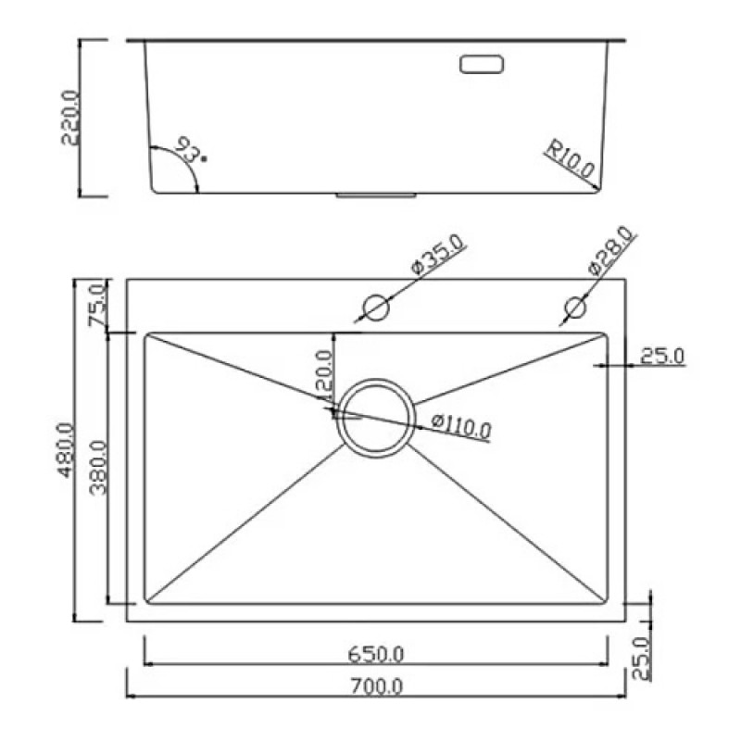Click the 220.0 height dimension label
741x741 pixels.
(x=71, y=118)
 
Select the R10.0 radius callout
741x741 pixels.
(x=570, y=158)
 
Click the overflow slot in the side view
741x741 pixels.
(x=482, y=64)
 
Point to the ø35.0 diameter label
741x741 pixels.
(x=438, y=254)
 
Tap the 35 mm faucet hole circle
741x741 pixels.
(x=377, y=308)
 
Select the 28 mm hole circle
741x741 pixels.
(x=575, y=308)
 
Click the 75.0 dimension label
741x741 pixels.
(x=98, y=305)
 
